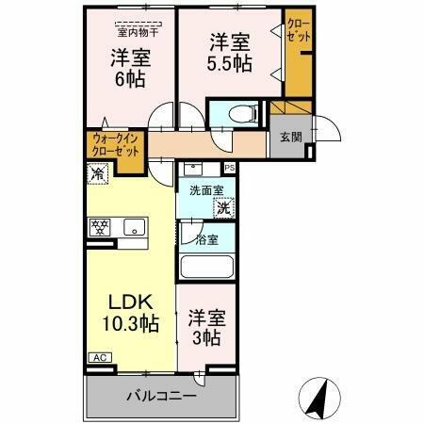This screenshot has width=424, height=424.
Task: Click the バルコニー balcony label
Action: [162, 397]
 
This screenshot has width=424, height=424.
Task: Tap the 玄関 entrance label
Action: [288, 138]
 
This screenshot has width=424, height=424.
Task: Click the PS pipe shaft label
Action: [229, 170]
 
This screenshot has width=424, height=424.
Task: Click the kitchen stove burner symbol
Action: [100, 226]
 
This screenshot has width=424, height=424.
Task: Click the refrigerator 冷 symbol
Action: [97, 173]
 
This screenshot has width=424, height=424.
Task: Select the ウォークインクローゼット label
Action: [114, 146]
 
